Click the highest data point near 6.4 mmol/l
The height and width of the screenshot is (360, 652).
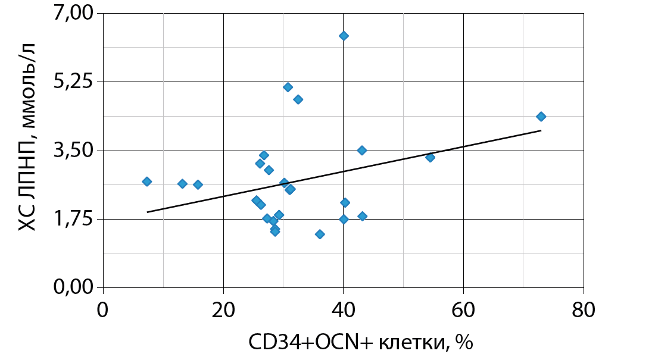[x=344, y=36]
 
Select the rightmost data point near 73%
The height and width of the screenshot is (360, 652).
[x=541, y=117]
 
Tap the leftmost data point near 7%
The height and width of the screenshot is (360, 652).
[x=147, y=181]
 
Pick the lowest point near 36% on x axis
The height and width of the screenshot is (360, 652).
[x=320, y=234]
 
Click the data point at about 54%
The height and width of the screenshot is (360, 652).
[x=430, y=157]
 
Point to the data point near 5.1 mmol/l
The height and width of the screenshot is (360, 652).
[x=288, y=87]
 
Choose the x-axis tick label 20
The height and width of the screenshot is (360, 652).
[x=223, y=311]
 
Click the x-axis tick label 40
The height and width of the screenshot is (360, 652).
[x=343, y=311]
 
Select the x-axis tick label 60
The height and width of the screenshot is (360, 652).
[x=463, y=311]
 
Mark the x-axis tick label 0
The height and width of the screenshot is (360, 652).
[x=103, y=311]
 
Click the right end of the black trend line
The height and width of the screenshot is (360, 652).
[x=541, y=130]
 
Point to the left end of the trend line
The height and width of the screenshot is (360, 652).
[x=147, y=212]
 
